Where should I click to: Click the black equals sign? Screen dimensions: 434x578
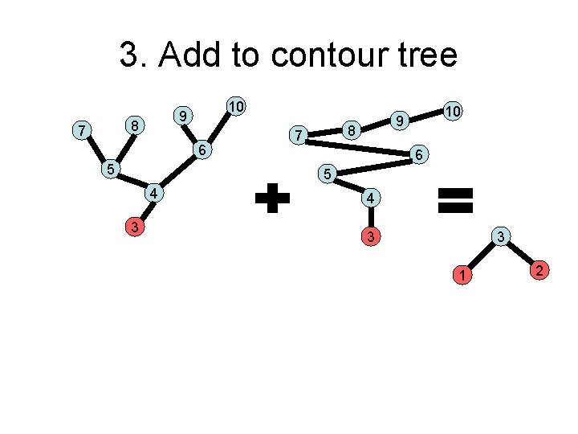455,199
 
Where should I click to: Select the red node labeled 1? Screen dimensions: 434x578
461,276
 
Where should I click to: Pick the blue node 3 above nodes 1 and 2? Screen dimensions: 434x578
500,236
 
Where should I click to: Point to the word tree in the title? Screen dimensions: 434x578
422,55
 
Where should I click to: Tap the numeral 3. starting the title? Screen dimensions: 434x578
133,55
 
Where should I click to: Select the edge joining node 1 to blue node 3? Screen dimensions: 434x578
480,256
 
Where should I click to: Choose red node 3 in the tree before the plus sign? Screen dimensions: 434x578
136,227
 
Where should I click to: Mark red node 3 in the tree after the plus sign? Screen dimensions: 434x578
368,237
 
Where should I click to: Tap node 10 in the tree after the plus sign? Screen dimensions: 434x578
452,112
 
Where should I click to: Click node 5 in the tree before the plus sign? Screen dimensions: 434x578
112,169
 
